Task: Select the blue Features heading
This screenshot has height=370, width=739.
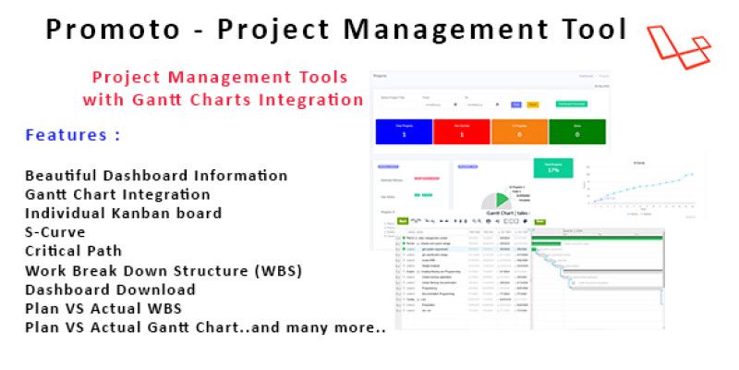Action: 72,135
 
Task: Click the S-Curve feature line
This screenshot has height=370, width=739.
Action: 55,232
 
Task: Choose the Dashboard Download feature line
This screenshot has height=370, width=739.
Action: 110,290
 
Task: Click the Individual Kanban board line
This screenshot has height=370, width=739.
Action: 123,213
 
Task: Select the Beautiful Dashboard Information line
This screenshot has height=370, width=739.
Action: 156,175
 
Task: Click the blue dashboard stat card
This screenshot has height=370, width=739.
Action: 401,131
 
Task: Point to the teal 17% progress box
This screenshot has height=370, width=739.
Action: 552,167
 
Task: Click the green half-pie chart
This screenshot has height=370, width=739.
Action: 496,200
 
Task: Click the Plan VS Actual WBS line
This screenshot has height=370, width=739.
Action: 103,309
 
